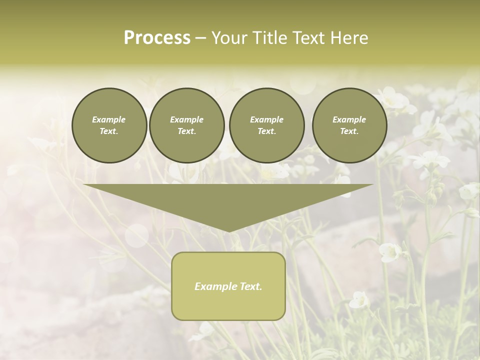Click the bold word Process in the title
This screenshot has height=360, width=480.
tap(157, 38)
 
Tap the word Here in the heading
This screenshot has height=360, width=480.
tap(347, 38)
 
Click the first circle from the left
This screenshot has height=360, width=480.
tap(109, 125)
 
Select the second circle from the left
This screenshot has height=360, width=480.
tap(186, 125)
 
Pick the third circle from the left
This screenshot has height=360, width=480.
tap(266, 125)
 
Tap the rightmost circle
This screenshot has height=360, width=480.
tap(349, 125)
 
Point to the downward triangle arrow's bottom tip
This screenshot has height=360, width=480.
tap(229, 231)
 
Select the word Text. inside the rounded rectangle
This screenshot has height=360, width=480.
tap(251, 286)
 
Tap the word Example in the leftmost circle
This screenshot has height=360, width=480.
tap(109, 119)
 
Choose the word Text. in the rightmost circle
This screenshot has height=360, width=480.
tap(349, 131)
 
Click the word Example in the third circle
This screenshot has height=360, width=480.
tap(266, 119)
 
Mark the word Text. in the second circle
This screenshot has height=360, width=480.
tap(186, 131)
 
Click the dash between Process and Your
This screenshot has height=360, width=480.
tap(201, 38)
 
